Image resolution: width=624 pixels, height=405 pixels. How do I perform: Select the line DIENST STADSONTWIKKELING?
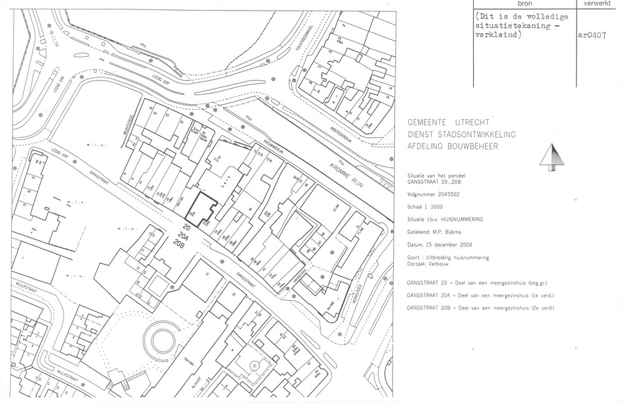click(461, 134)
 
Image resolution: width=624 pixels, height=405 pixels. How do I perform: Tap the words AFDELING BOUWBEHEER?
click(453, 146)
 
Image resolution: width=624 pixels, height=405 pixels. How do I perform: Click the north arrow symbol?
click(550, 156)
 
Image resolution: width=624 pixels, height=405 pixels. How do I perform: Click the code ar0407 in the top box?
click(592, 36)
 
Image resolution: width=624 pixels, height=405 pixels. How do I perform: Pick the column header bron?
click(524, 4)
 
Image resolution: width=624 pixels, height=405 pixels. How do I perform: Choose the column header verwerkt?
click(598, 4)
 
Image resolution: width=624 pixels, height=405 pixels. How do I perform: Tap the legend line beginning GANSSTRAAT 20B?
click(480, 309)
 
